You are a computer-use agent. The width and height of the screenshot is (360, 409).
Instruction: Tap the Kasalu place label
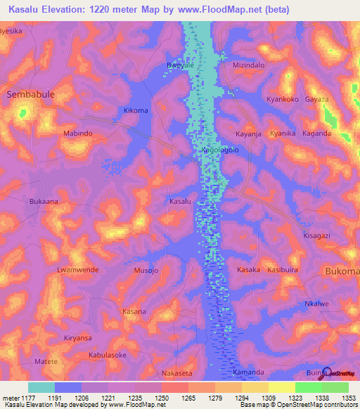180,202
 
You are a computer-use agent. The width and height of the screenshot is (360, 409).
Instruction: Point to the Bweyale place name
180,65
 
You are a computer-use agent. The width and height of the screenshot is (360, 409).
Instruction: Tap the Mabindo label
78,133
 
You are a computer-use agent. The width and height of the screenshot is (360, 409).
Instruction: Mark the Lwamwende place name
77,270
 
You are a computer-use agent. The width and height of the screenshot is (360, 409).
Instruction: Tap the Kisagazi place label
316,236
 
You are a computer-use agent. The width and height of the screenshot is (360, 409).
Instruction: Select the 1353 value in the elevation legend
349,398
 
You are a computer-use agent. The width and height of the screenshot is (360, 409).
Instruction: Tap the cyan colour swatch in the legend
41,387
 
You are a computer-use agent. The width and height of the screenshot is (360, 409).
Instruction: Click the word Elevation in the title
69,8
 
